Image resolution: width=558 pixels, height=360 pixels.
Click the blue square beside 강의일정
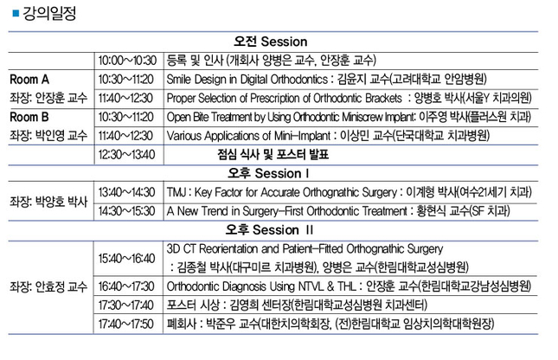click(x=16, y=14)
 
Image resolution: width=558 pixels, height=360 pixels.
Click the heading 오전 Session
click(x=271, y=42)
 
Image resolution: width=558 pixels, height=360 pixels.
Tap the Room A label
click(x=29, y=80)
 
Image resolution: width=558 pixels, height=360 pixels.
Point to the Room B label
click(x=29, y=117)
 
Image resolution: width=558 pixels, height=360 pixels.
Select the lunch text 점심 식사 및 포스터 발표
click(x=273, y=155)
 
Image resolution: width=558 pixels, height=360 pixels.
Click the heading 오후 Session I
click(x=268, y=173)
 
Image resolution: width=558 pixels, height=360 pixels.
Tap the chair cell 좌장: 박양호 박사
click(x=48, y=202)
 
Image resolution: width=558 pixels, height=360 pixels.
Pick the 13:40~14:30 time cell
click(x=126, y=192)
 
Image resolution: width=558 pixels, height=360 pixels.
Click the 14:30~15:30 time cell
click(x=126, y=211)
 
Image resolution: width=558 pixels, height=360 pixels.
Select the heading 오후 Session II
click(x=269, y=230)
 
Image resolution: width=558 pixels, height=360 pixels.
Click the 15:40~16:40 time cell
click(x=126, y=259)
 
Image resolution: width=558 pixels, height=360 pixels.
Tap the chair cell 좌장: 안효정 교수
click(x=48, y=286)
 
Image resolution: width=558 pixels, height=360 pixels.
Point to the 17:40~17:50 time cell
click(x=126, y=324)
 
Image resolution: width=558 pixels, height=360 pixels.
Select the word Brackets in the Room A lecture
click(x=383, y=99)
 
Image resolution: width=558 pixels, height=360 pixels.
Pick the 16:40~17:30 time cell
click(x=126, y=286)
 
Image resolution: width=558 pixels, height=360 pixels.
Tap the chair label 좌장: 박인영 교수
click(x=48, y=136)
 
